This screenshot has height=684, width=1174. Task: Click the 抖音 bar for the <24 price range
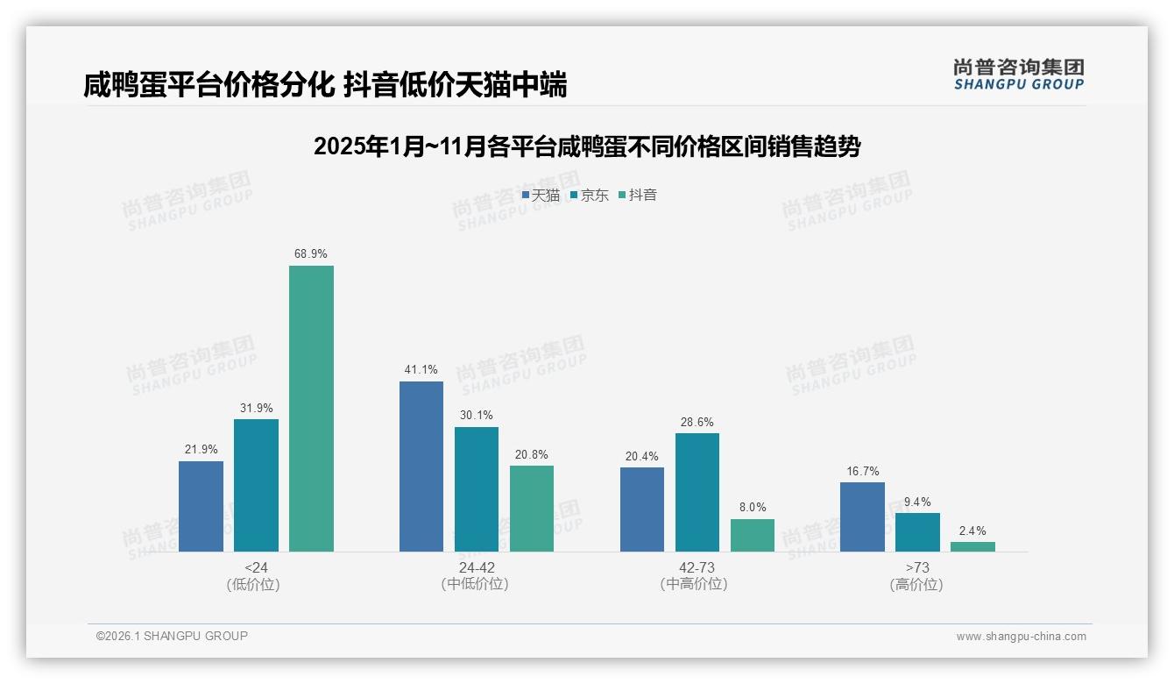[x=311, y=409]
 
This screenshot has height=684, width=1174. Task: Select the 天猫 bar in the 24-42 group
[x=421, y=467]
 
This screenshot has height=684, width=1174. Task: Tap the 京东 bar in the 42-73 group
[x=697, y=492]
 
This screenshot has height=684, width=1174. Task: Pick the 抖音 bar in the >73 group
[x=972, y=546]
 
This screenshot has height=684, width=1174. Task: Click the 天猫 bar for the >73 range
[x=862, y=517]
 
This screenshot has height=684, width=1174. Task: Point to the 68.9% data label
[x=311, y=254]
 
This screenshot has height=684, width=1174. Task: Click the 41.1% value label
[x=421, y=370]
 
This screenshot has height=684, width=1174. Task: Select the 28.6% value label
[x=697, y=422]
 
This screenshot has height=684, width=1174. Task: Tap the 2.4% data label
[x=972, y=531]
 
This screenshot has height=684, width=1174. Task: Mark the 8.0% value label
[x=753, y=508]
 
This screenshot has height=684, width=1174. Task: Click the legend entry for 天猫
[x=541, y=195]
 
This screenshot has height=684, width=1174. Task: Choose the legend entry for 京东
[x=590, y=195]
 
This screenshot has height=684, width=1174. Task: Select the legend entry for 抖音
[x=639, y=195]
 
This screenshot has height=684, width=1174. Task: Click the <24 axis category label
[x=256, y=567]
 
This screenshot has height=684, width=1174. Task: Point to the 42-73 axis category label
[x=697, y=567]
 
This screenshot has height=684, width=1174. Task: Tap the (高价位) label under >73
[x=916, y=585]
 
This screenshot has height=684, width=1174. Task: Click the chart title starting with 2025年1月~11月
[x=587, y=146]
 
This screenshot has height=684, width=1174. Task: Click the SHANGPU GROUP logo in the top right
[x=1018, y=75]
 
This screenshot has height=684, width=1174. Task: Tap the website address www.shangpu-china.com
[x=1021, y=637]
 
